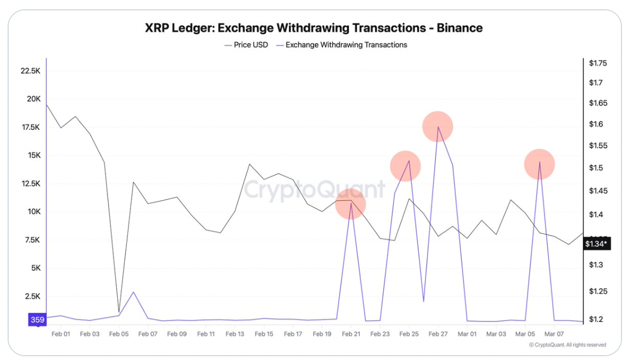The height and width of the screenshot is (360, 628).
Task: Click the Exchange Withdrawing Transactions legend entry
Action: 346,45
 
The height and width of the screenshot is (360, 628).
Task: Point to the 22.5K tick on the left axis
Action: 30,71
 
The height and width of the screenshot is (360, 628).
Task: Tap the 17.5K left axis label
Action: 30,127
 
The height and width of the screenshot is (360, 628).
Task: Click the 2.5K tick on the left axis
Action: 33,296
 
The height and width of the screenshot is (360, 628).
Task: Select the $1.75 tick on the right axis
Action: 598,64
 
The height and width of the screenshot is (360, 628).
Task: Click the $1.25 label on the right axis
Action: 598,292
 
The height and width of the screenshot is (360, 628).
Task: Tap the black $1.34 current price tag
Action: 597,244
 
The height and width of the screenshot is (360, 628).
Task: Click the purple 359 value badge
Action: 37,320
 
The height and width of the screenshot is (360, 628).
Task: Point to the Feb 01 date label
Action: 60,334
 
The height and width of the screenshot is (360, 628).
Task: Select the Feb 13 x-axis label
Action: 234,334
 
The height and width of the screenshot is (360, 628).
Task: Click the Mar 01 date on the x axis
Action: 467,334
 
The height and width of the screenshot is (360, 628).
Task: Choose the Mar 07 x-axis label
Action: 554,334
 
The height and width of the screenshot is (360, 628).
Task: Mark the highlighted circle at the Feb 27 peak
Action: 437,127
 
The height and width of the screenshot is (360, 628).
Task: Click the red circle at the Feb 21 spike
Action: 351,204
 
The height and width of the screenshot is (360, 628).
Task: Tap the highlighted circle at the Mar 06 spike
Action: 539,164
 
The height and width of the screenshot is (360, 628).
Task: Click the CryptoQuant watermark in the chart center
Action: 314,191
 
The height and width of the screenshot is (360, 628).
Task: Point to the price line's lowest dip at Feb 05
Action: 119,312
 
